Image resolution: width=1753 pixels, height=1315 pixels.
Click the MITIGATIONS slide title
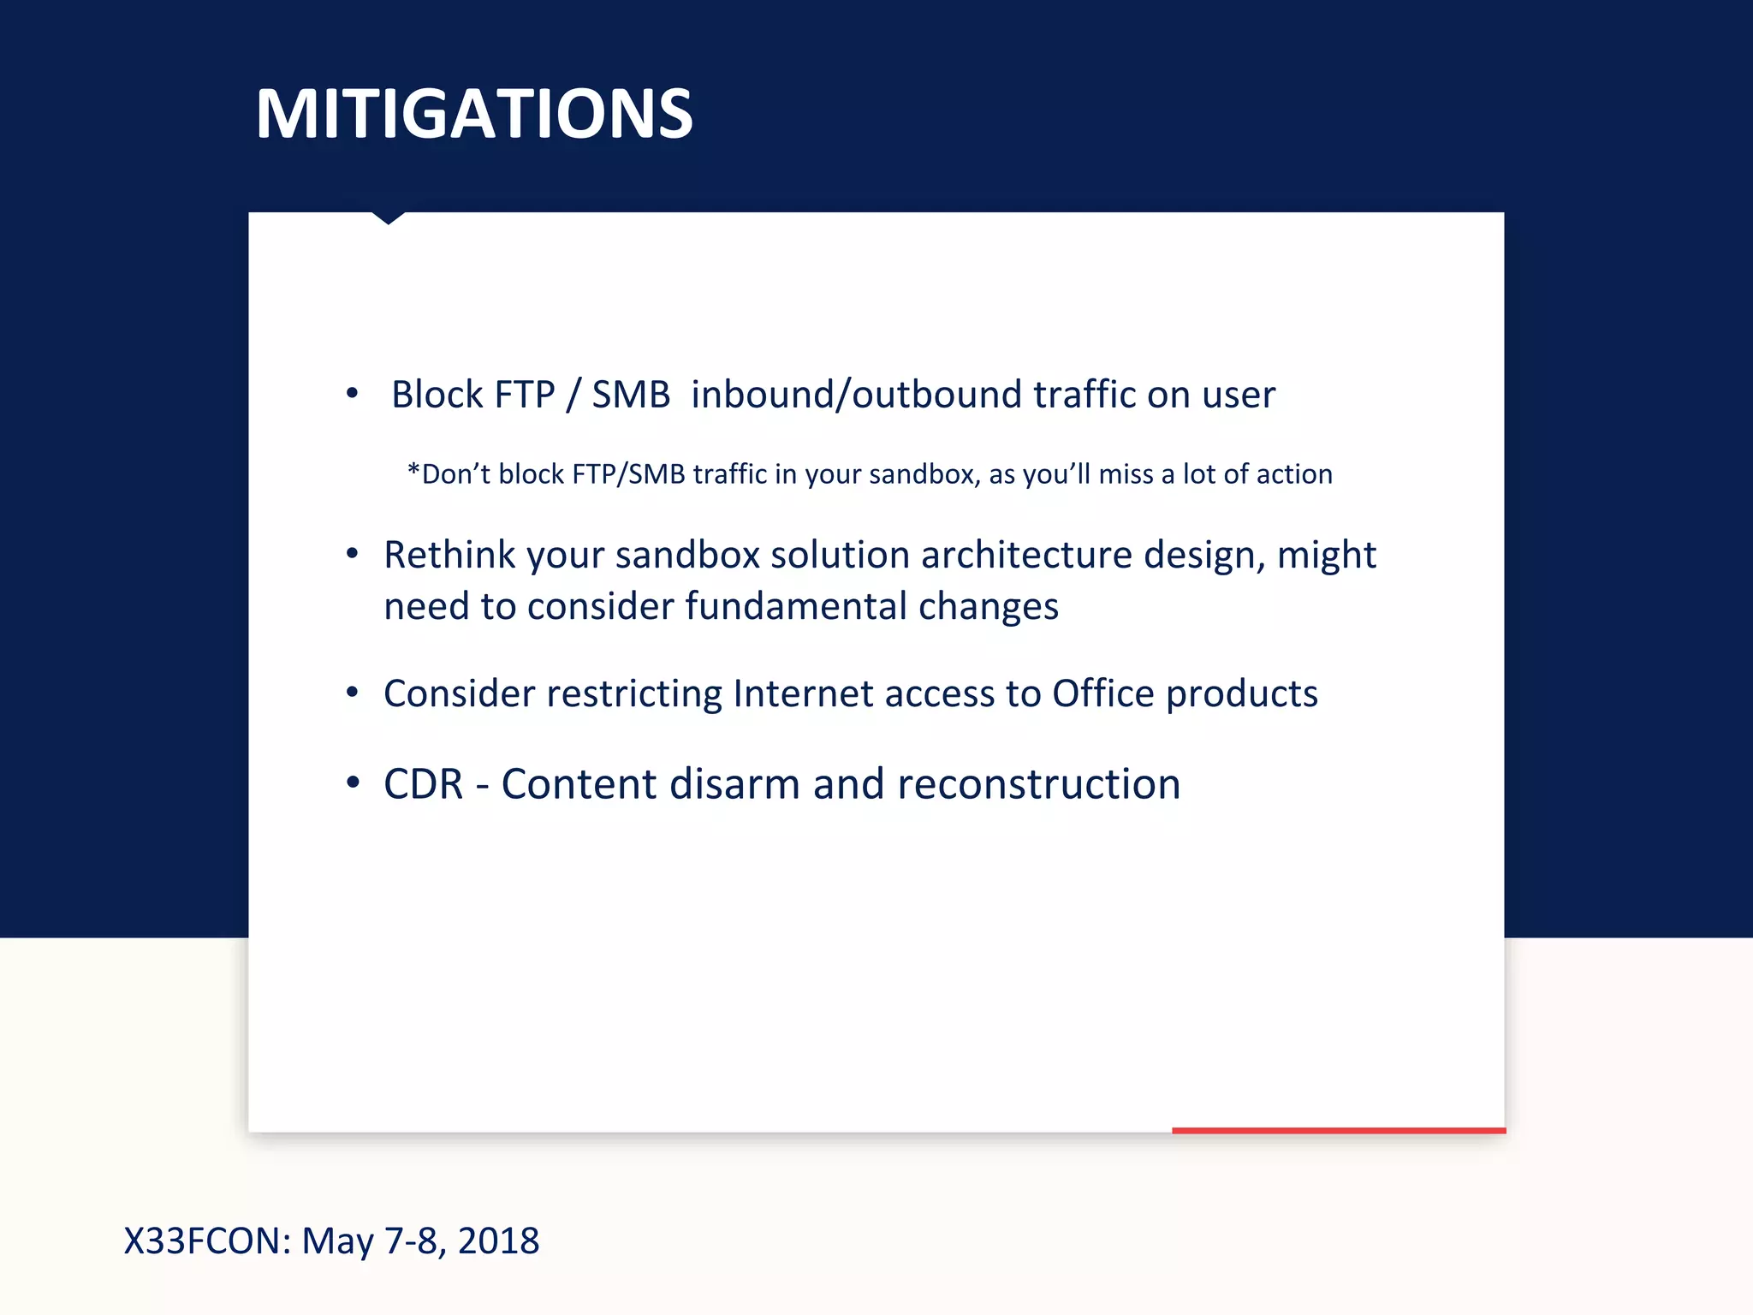coord(473,114)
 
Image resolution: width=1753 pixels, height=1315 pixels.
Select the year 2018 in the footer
coord(498,1241)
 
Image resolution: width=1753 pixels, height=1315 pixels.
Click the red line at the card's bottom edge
coord(1338,1130)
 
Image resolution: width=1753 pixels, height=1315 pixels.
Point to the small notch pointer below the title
coord(388,218)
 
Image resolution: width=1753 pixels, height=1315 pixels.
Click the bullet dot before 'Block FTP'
coord(352,393)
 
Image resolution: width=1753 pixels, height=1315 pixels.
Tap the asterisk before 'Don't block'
coord(413,473)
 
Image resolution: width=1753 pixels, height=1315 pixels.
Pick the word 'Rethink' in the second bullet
coord(449,555)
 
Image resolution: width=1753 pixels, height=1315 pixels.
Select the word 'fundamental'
coord(796,606)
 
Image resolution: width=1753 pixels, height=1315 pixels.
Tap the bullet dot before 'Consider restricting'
coord(352,692)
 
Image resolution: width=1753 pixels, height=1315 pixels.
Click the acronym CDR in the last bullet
coord(423,784)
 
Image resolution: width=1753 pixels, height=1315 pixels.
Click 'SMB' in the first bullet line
coord(631,395)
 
